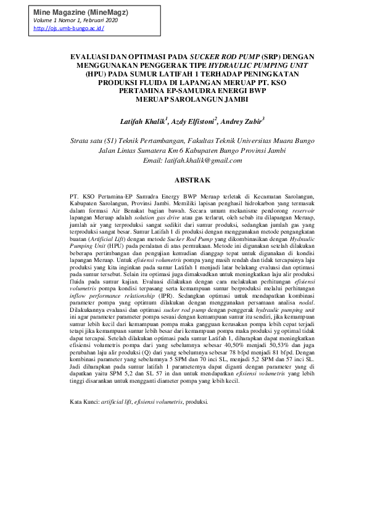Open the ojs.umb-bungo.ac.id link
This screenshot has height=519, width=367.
(68, 28)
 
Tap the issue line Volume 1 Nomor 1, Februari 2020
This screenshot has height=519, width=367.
(75, 20)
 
